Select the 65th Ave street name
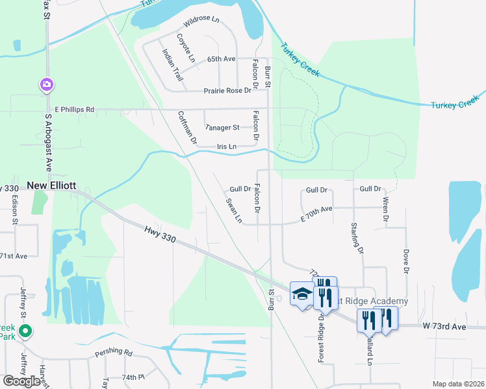click(221, 59)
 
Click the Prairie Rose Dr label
click(227, 91)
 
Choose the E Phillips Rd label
click(75, 110)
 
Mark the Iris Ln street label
click(226, 147)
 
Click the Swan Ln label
click(234, 211)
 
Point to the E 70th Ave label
click(316, 214)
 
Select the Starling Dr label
click(356, 237)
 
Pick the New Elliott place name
click(51, 186)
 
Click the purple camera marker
click(47, 84)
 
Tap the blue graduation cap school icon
click(301, 294)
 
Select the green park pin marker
click(25, 332)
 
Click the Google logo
click(21, 381)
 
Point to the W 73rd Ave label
click(444, 326)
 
